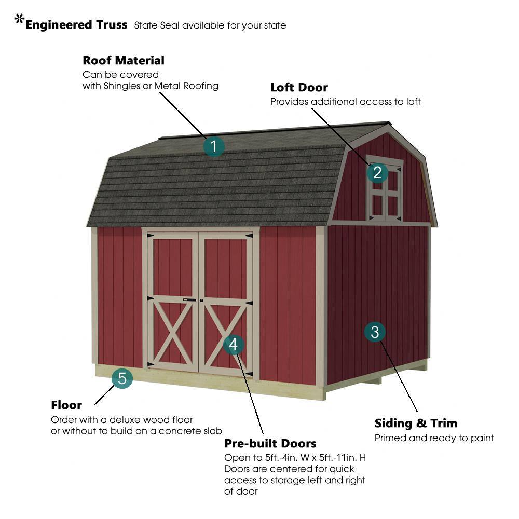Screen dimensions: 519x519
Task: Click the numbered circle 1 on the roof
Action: tap(213, 146)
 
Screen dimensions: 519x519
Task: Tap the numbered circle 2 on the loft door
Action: tap(377, 172)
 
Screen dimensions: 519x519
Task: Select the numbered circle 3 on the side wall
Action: tap(375, 332)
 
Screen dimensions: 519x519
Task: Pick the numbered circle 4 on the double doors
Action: tap(234, 345)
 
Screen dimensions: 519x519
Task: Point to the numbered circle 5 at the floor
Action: tap(122, 378)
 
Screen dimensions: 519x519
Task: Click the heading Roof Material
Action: tap(124, 61)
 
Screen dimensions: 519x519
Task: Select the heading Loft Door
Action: tap(299, 87)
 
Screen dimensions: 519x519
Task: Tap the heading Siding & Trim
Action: tap(416, 424)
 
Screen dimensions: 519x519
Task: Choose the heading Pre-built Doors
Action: tap(270, 444)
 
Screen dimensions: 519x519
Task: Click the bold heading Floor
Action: tap(66, 405)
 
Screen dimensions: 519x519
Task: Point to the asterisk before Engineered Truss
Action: tap(19, 19)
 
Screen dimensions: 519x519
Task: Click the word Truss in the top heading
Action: tap(112, 25)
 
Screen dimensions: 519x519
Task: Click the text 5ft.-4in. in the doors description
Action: tap(281, 458)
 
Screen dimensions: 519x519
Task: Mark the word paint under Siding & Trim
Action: tap(482, 438)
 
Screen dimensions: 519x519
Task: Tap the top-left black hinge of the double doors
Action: tap(150, 235)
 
